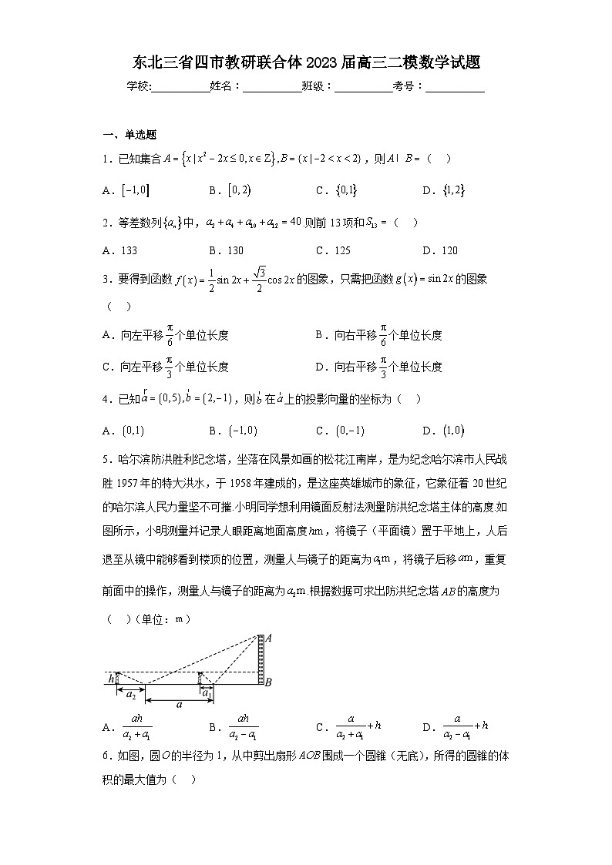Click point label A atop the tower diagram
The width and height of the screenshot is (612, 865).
[x=268, y=638]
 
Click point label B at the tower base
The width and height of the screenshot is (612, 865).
[x=268, y=682]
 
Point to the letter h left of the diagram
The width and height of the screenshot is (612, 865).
[x=111, y=679]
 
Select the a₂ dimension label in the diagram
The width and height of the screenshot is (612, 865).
[x=131, y=694]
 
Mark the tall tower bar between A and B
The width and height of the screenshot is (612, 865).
[x=261, y=659]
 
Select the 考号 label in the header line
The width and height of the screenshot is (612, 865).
[x=407, y=87]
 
